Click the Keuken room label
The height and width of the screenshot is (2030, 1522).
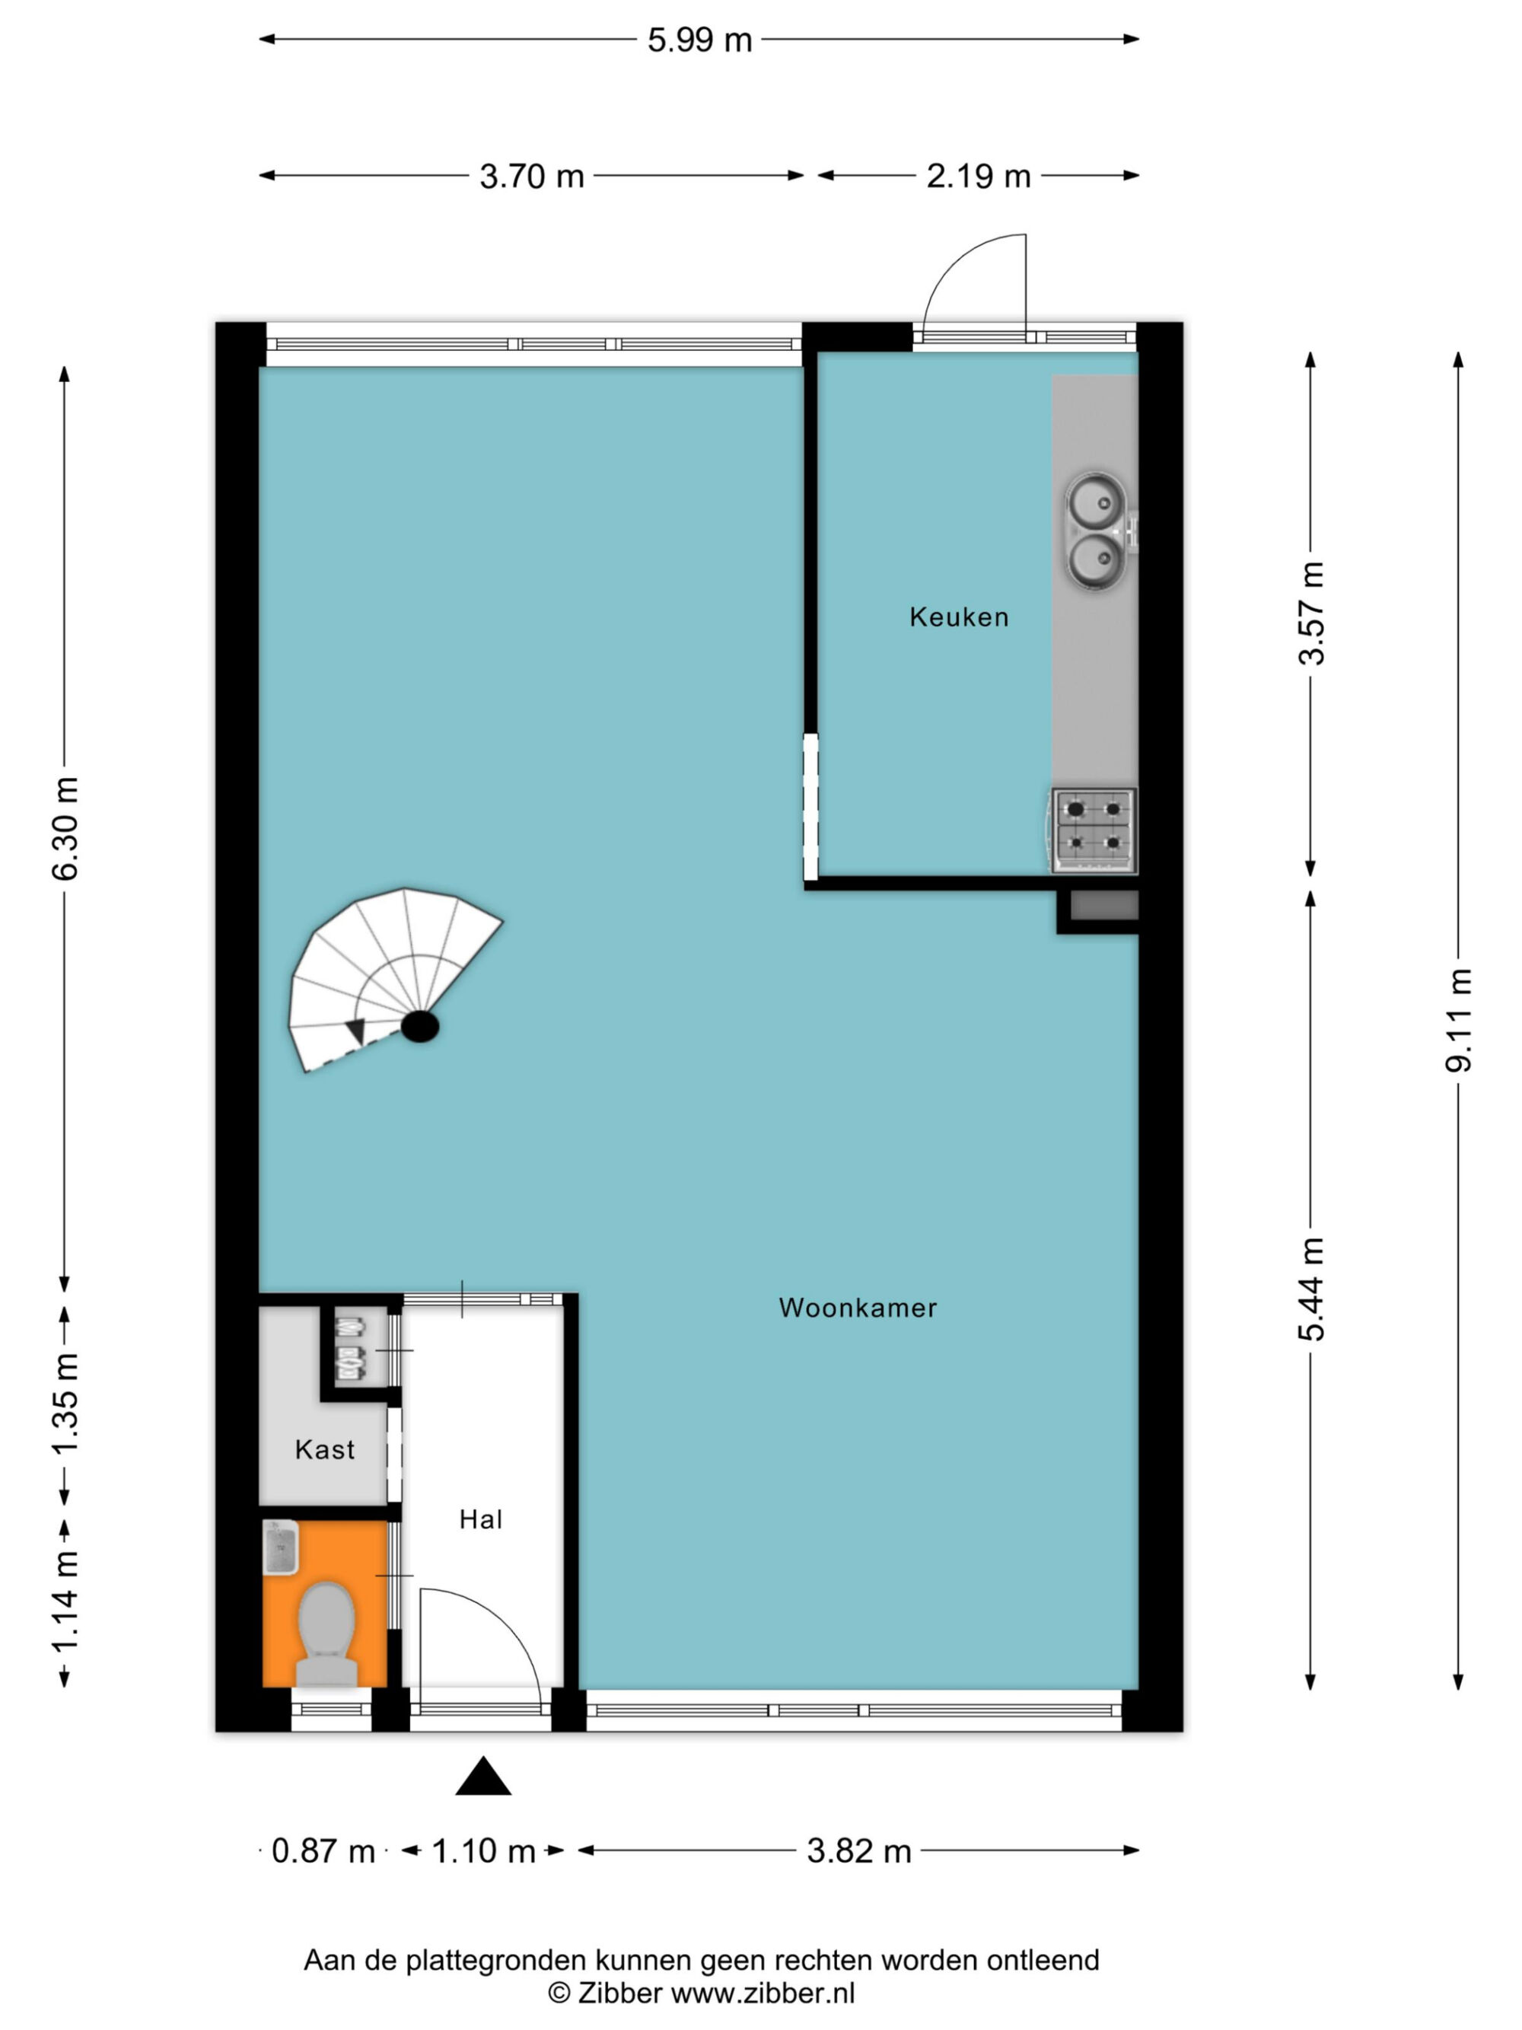tap(959, 617)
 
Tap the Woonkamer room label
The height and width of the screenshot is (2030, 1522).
tap(858, 1308)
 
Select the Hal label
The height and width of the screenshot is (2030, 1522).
tap(481, 1520)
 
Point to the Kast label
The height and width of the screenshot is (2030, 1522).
tap(325, 1449)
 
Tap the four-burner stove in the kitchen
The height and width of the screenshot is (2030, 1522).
tap(1094, 830)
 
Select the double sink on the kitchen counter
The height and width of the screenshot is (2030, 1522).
tap(1097, 531)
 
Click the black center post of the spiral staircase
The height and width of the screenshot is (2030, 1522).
tap(420, 1026)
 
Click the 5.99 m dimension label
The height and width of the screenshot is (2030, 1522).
tap(700, 40)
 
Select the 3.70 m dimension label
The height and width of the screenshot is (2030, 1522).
tap(532, 176)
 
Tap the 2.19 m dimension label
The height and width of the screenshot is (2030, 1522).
tap(978, 176)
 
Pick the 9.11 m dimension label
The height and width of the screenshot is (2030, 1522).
tap(1459, 1020)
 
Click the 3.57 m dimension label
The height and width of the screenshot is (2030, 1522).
tap(1313, 613)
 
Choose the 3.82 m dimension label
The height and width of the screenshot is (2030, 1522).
tap(858, 1851)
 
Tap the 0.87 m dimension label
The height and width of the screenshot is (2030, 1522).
tap(323, 1851)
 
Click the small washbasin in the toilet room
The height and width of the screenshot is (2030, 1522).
tap(281, 1547)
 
